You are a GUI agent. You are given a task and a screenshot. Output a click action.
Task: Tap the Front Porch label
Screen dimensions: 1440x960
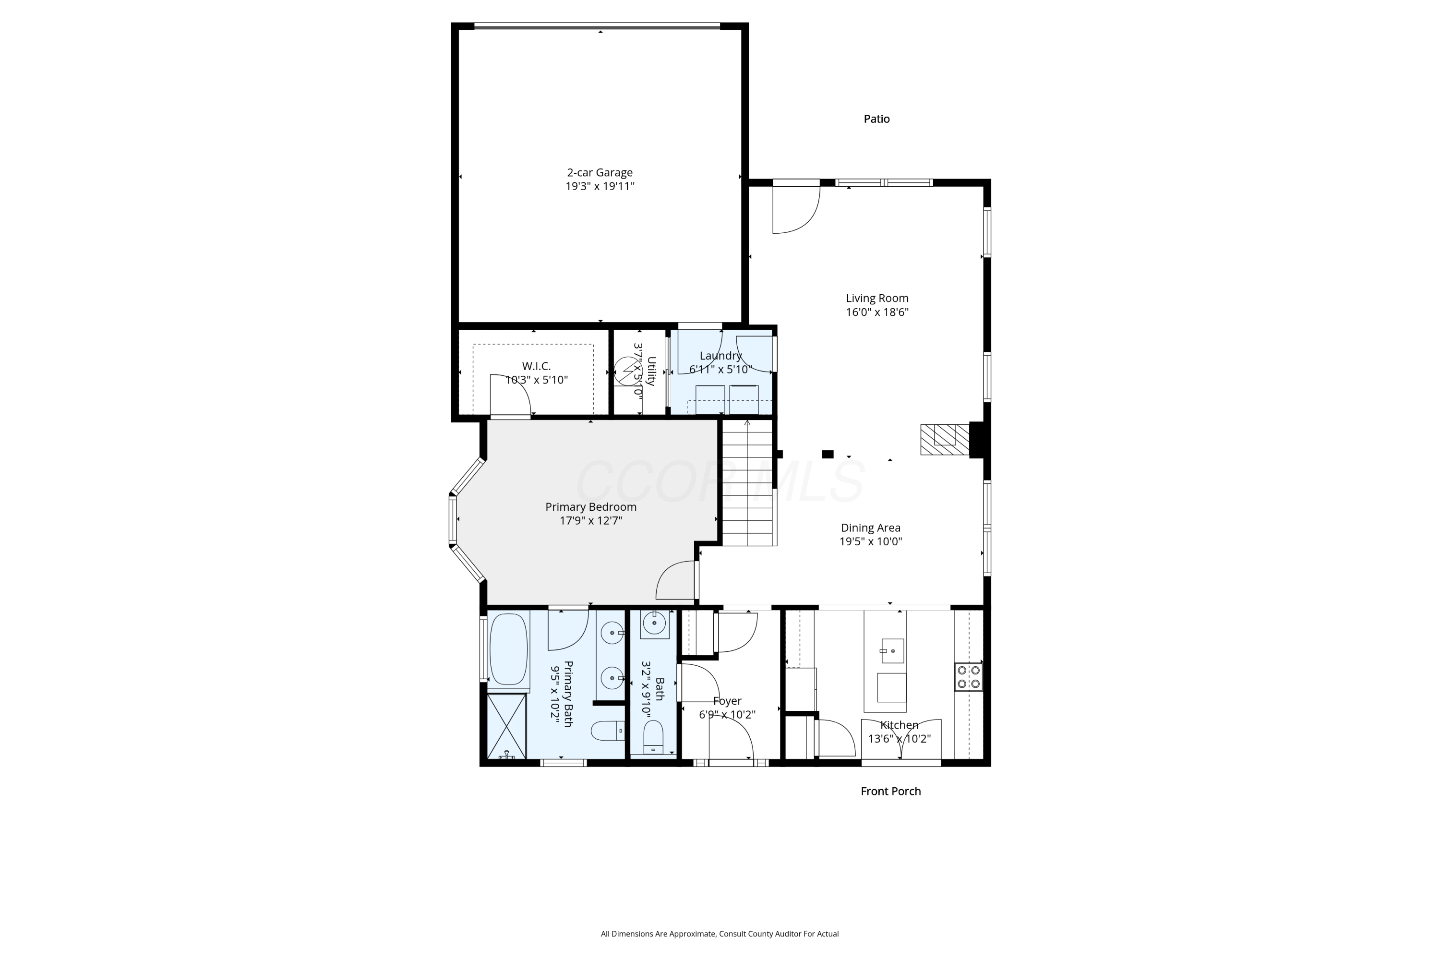click(x=890, y=791)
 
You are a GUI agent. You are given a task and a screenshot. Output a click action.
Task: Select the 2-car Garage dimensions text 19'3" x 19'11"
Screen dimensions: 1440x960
click(x=600, y=186)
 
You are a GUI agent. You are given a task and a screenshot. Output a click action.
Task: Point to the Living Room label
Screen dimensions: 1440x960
click(x=877, y=298)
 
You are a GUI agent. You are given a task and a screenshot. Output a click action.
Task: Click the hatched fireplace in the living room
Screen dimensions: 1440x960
click(x=945, y=439)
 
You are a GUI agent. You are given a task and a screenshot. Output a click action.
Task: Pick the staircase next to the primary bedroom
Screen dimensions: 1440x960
click(x=749, y=482)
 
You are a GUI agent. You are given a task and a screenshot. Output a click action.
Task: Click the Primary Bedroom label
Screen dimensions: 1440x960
click(x=591, y=507)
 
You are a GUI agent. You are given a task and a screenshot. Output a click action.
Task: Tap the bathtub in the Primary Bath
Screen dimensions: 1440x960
click(x=508, y=649)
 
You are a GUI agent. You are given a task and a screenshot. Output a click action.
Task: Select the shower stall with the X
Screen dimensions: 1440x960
click(x=506, y=726)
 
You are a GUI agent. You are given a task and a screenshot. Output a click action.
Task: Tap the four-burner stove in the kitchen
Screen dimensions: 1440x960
click(x=968, y=677)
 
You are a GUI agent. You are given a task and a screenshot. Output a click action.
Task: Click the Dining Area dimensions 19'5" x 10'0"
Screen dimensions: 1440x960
click(x=871, y=541)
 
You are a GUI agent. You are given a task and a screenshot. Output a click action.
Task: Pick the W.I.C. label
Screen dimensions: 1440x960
click(x=536, y=366)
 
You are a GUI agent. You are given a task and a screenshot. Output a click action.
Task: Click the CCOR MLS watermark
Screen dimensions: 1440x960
click(x=720, y=481)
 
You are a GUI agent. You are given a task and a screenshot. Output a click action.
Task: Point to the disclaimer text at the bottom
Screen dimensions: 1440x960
click(x=720, y=934)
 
